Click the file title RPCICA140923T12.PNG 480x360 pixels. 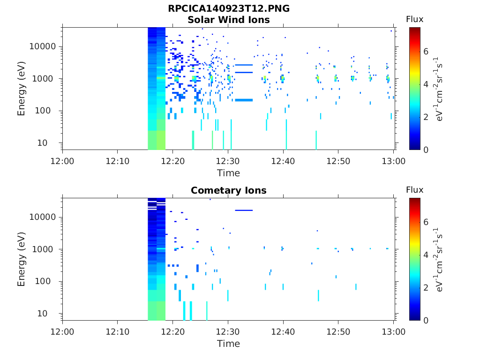(228, 9)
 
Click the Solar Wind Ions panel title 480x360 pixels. (228, 20)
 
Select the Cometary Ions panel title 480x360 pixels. (228, 190)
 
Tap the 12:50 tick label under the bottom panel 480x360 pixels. (338, 332)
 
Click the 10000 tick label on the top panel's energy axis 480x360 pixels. (43, 46)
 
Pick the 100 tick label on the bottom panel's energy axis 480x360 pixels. (49, 281)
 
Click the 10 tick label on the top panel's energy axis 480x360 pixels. (51, 142)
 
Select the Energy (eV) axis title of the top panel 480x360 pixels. (22, 89)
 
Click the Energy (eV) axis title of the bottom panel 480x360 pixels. (22, 259)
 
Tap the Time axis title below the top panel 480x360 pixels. (228, 173)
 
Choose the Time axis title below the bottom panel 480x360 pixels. (228, 344)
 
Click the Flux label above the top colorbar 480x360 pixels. (414, 19)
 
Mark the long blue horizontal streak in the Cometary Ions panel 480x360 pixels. (244, 210)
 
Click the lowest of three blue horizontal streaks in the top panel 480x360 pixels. (244, 100)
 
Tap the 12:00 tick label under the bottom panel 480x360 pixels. (63, 332)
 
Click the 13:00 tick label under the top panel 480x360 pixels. (394, 161)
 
